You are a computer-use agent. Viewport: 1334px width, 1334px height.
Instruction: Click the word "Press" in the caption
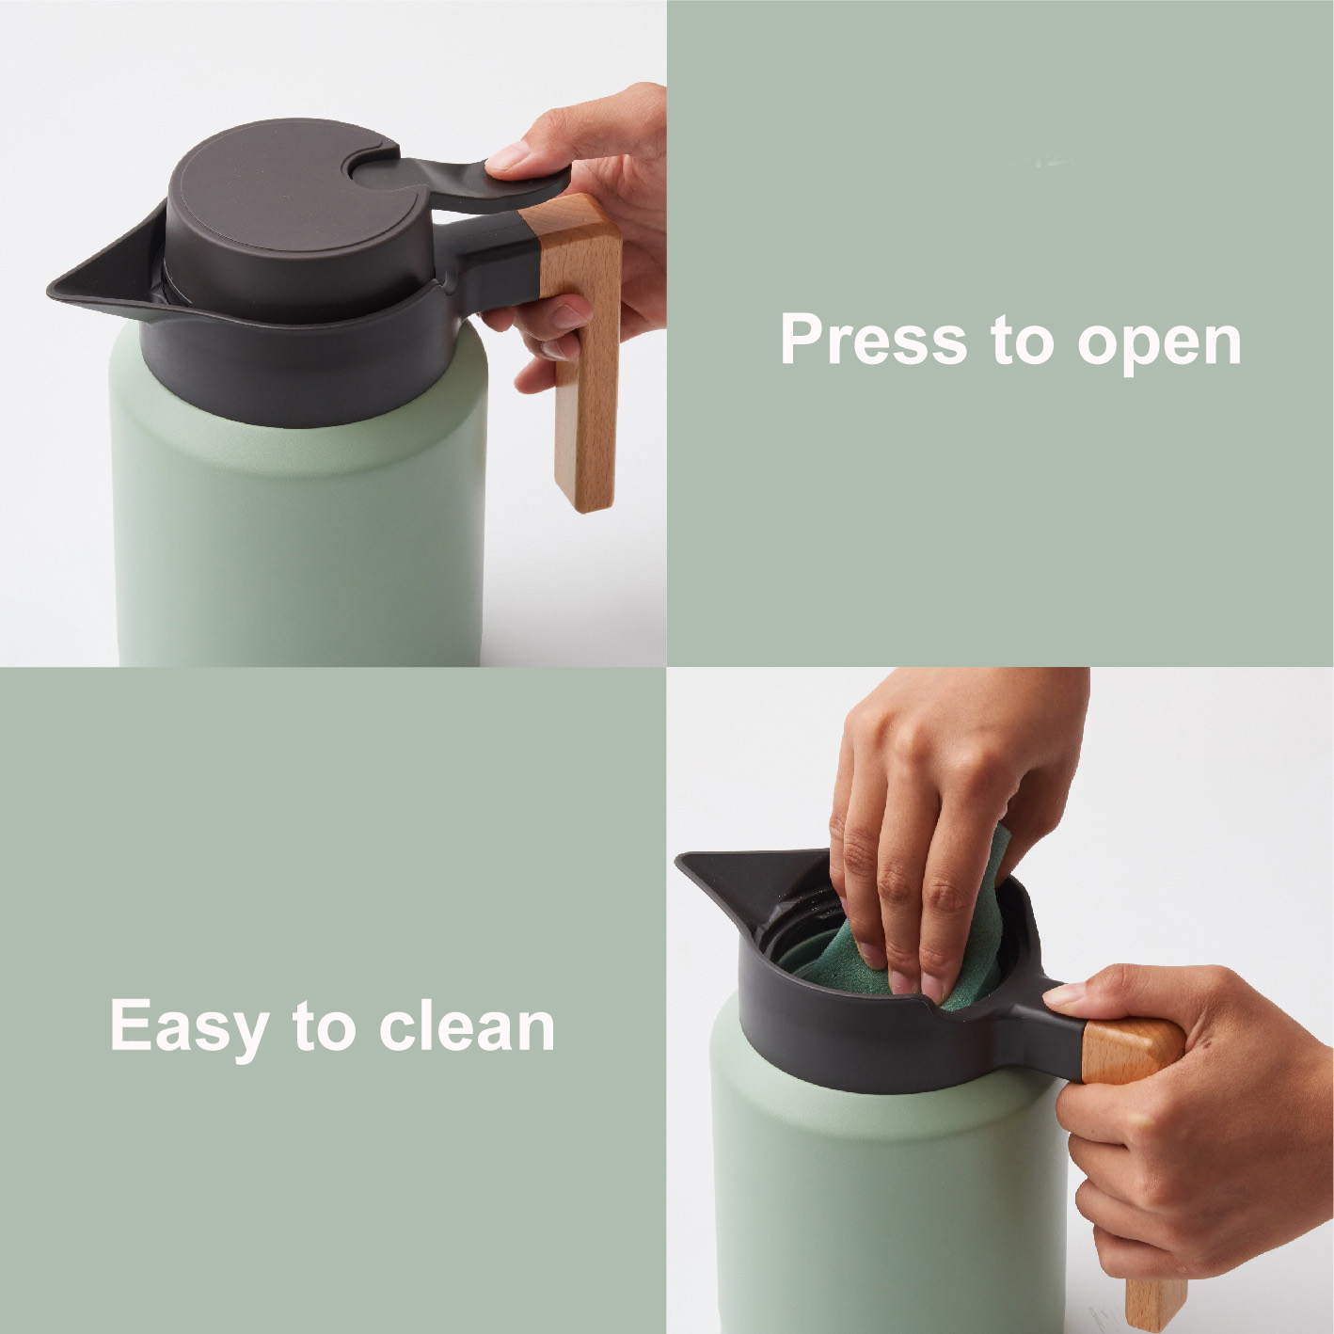pyautogui.click(x=874, y=339)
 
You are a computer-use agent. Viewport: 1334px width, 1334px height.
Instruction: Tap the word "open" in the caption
pyautogui.click(x=1160, y=345)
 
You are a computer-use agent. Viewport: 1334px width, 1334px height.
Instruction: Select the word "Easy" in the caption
pyautogui.click(x=189, y=1029)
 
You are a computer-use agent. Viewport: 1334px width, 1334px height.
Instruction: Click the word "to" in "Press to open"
pyautogui.click(x=1021, y=341)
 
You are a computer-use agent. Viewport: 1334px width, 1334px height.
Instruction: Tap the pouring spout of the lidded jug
pyautogui.click(x=103, y=277)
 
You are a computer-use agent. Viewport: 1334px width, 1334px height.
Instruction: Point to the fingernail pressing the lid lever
pyautogui.click(x=507, y=156)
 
